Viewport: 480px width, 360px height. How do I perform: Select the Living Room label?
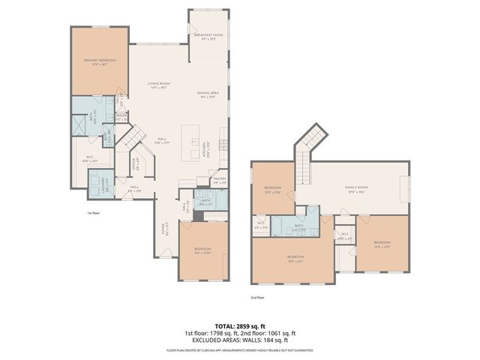[x=159, y=85]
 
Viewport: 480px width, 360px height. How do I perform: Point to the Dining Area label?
[x=208, y=94]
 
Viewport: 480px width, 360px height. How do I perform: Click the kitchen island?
[x=196, y=142]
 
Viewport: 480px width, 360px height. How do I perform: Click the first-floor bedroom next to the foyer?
[x=202, y=251]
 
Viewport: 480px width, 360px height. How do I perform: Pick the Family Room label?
[x=355, y=190]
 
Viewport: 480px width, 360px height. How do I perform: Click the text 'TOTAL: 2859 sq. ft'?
[x=241, y=325]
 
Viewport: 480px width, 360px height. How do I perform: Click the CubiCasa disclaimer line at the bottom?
[x=241, y=349]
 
